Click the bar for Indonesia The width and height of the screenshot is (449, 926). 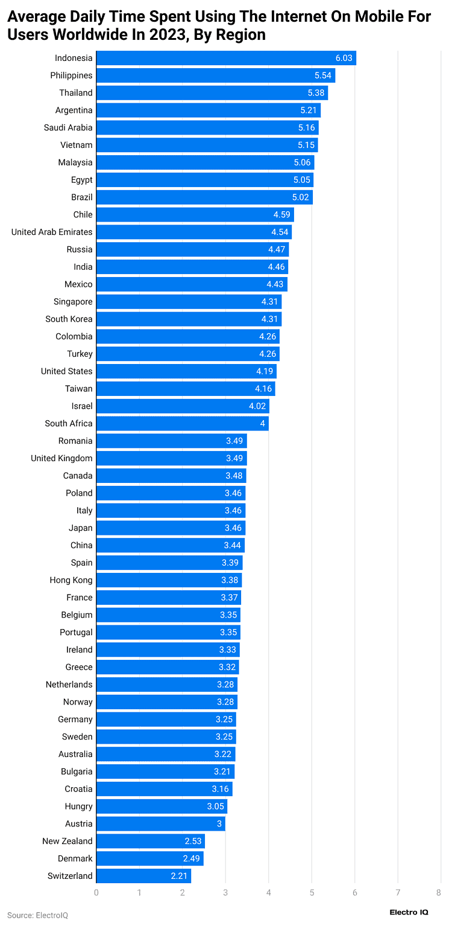226,58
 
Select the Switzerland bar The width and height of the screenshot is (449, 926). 143,876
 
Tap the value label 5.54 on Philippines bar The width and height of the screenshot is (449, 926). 324,75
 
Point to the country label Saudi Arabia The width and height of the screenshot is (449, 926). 68,127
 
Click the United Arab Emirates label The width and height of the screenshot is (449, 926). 52,232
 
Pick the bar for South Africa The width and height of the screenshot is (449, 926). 182,423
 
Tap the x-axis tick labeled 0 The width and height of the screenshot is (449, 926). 96,892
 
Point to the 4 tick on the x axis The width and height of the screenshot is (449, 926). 269,892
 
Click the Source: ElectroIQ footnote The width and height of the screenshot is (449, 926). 37,915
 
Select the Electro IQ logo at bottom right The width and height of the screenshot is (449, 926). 409,912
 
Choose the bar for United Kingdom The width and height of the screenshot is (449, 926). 171,458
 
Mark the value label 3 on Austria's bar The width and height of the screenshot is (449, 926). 219,823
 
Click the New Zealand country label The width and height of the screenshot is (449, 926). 68,841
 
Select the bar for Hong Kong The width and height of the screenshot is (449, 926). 169,580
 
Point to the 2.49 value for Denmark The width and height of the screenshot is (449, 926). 193,858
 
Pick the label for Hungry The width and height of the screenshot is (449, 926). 78,806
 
